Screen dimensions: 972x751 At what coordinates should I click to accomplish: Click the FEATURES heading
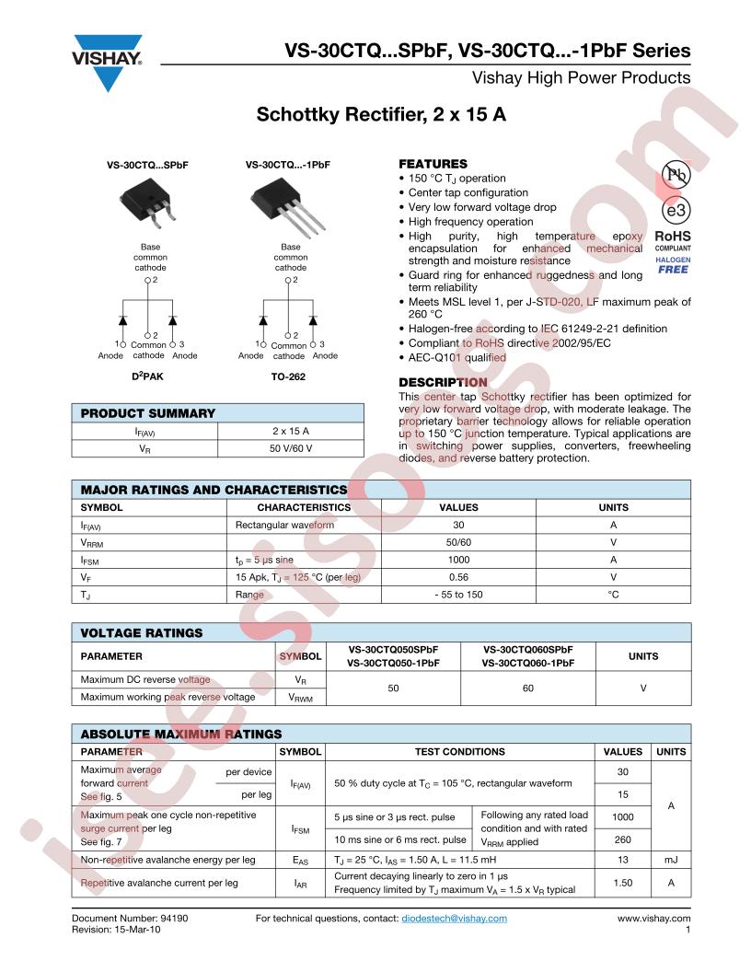433,163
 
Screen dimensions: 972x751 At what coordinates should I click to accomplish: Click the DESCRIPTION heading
443,382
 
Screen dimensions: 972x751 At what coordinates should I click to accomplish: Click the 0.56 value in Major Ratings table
457,577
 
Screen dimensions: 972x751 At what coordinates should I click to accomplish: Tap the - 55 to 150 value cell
457,595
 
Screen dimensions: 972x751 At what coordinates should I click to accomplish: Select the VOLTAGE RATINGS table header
142,632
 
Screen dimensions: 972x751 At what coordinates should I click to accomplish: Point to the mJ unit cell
670,859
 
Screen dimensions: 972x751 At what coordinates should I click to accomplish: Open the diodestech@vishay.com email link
454,918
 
